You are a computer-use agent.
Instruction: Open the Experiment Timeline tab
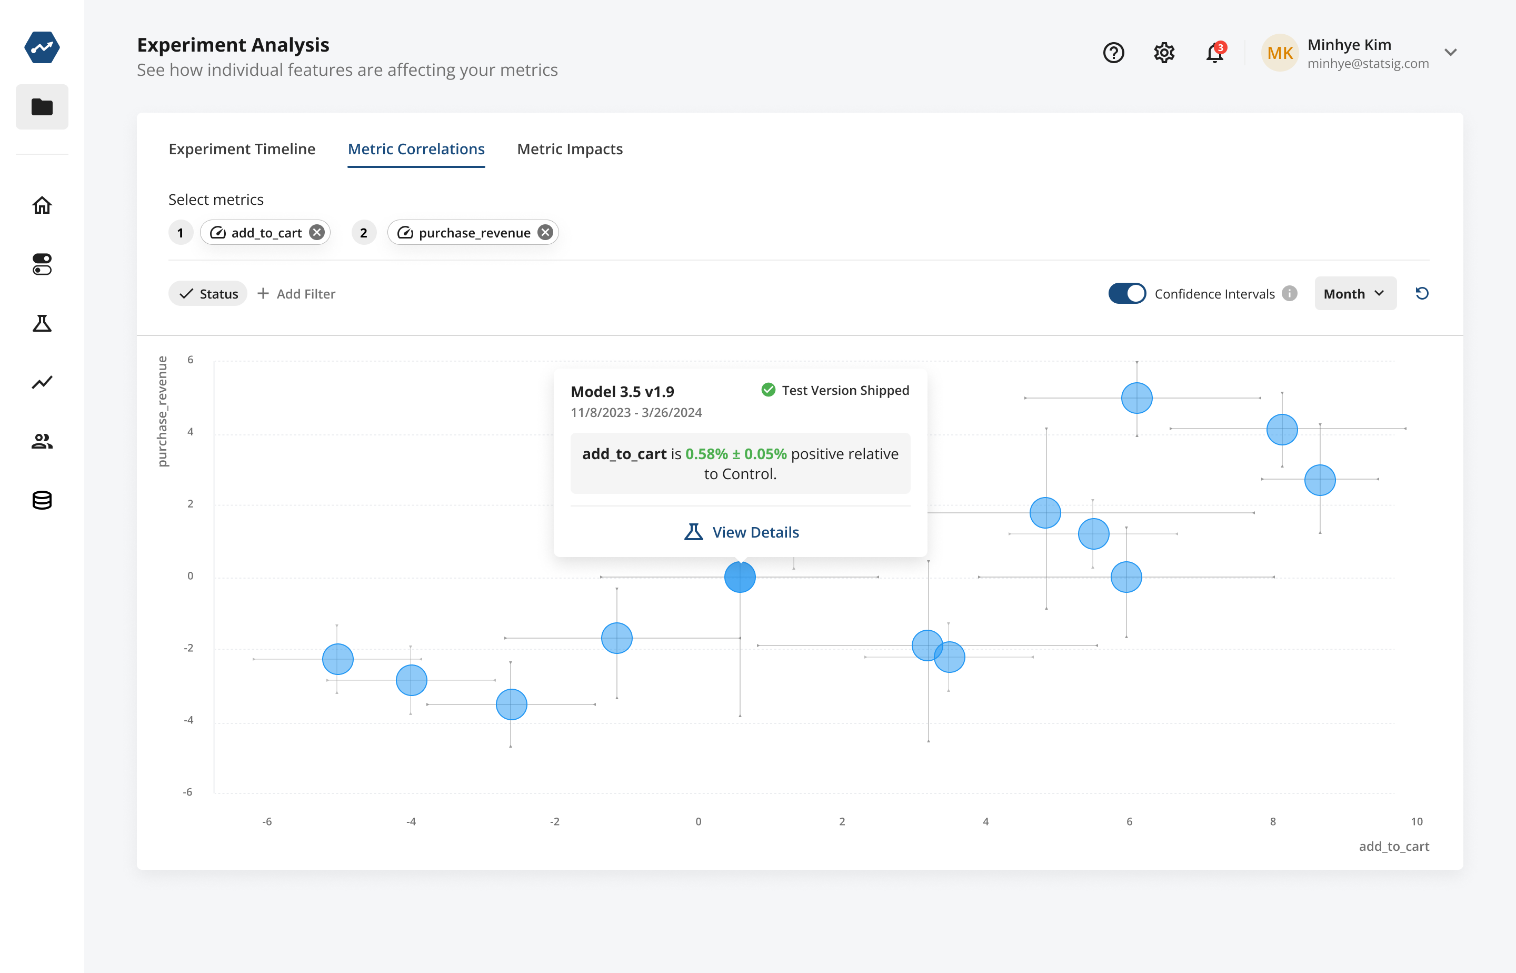pyautogui.click(x=242, y=149)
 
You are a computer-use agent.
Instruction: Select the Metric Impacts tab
pyautogui.click(x=570, y=149)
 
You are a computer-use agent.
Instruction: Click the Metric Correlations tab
pyautogui.click(x=416, y=149)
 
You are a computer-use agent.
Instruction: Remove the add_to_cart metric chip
pyautogui.click(x=317, y=233)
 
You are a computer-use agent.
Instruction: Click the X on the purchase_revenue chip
pyautogui.click(x=545, y=233)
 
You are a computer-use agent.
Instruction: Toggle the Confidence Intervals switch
pyautogui.click(x=1127, y=294)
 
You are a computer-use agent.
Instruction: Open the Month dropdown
pyautogui.click(x=1355, y=294)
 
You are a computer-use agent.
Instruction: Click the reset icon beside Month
pyautogui.click(x=1422, y=294)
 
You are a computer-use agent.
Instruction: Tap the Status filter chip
pyautogui.click(x=208, y=294)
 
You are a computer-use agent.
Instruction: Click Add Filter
pyautogui.click(x=297, y=294)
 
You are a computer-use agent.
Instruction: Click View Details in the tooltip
pyautogui.click(x=742, y=532)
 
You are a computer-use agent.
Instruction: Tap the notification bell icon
pyautogui.click(x=1214, y=53)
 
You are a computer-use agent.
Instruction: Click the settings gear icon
pyautogui.click(x=1163, y=53)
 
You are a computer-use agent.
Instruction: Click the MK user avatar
pyautogui.click(x=1280, y=53)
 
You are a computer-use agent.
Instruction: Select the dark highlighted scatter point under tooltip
pyautogui.click(x=740, y=578)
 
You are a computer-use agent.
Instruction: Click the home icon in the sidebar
pyautogui.click(x=42, y=205)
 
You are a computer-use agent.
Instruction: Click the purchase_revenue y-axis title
pyautogui.click(x=162, y=411)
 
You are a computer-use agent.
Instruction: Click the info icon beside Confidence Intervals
pyautogui.click(x=1290, y=294)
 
